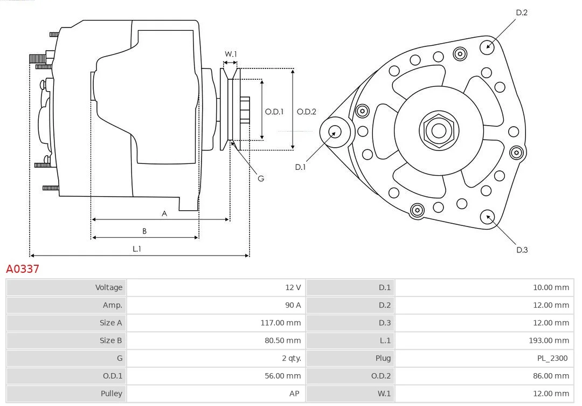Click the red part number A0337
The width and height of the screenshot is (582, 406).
pos(23,269)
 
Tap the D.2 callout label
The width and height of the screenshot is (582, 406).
pos(522,12)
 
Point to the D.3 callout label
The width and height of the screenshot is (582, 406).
pos(522,250)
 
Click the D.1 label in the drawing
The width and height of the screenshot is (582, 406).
pos(300,167)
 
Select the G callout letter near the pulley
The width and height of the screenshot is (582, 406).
pos(261,178)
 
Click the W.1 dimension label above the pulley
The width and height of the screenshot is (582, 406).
pos(231,54)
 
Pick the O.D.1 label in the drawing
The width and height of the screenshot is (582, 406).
pos(274,112)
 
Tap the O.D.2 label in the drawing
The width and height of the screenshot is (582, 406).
pos(307,112)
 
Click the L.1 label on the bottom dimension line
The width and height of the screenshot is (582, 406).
pos(137,249)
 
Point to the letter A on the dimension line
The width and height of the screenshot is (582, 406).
pos(164,214)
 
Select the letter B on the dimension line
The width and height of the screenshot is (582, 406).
pos(144,231)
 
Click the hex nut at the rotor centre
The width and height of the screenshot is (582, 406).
pos(439,130)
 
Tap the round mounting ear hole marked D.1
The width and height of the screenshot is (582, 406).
pos(335,132)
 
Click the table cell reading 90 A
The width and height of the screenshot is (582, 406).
pos(293,305)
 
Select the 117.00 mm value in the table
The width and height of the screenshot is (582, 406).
pos(281,323)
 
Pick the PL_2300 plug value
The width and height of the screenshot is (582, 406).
pos(552,358)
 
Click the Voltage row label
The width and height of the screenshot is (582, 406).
pos(109,287)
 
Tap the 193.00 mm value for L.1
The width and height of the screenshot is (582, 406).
pos(549,340)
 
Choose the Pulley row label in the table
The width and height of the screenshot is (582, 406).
pos(112,394)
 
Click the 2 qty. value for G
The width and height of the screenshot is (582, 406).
pos(292,358)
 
